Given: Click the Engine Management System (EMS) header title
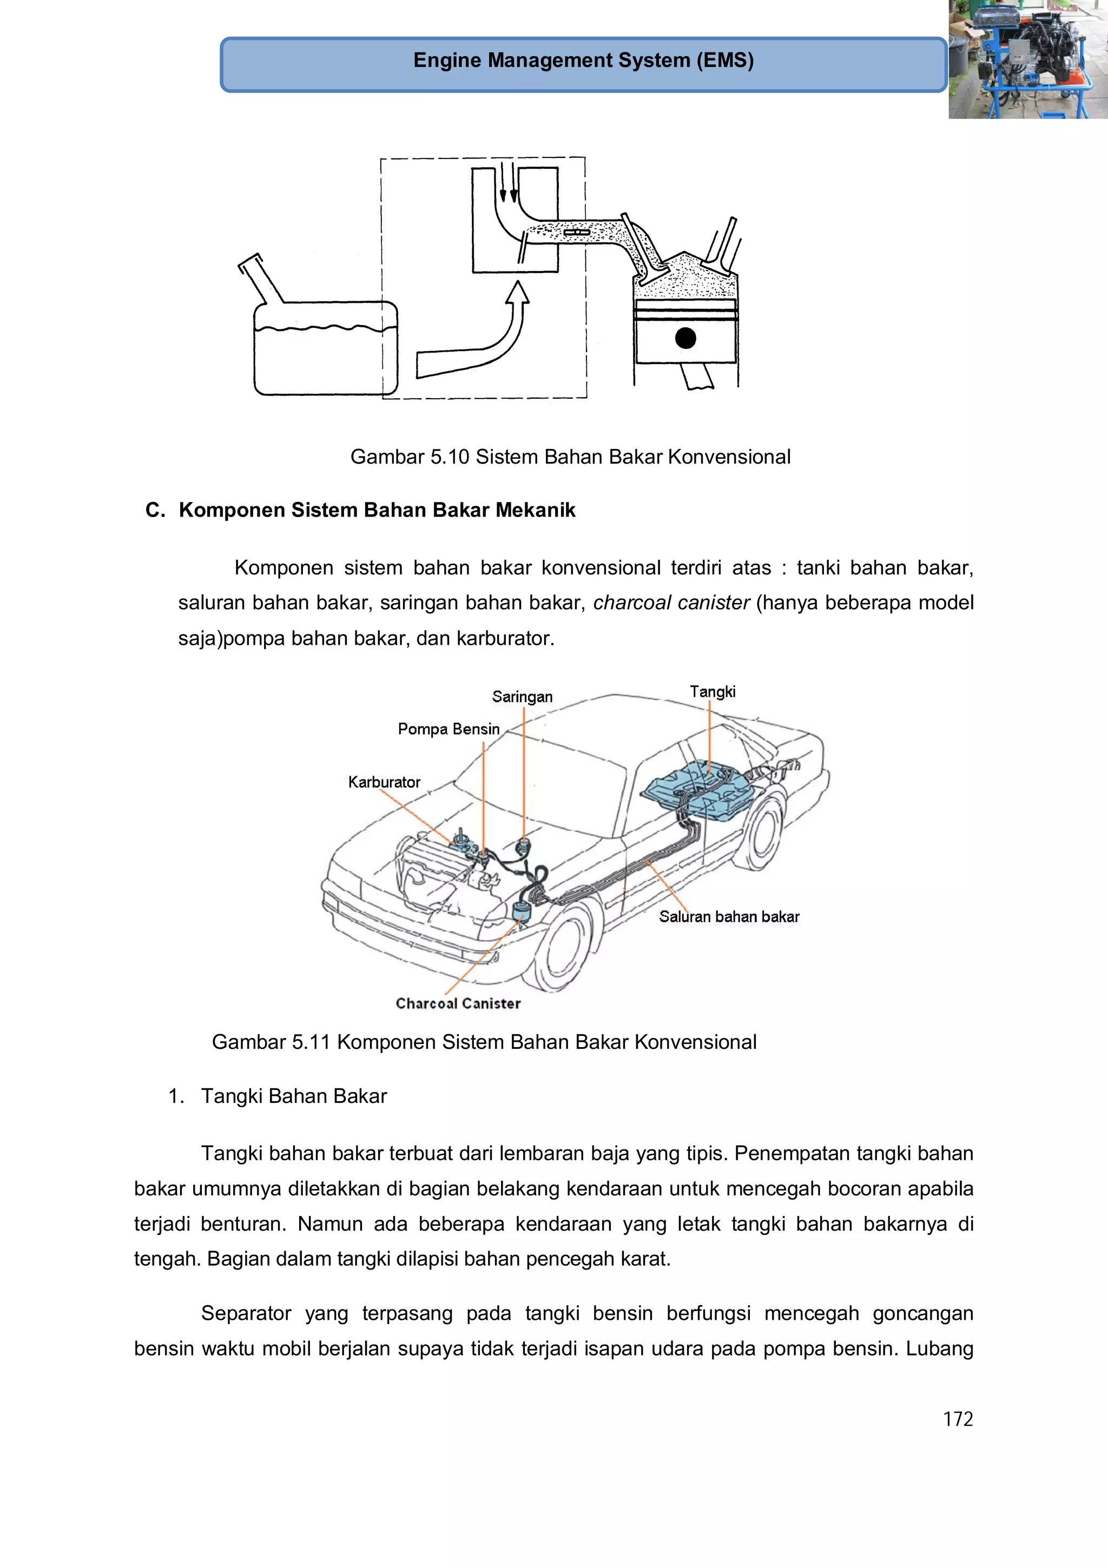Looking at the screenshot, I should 583,61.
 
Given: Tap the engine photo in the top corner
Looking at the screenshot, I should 1027,59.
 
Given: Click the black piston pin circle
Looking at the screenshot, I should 685,338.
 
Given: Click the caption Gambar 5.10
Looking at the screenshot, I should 570,457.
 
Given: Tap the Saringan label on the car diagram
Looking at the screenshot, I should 522,697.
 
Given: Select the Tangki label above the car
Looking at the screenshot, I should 712,691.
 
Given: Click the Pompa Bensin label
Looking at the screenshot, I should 449,729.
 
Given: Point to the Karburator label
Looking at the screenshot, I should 384,782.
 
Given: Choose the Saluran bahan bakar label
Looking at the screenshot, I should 728,917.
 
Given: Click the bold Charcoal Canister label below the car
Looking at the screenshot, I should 458,1003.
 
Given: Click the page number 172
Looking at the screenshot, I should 957,1419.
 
